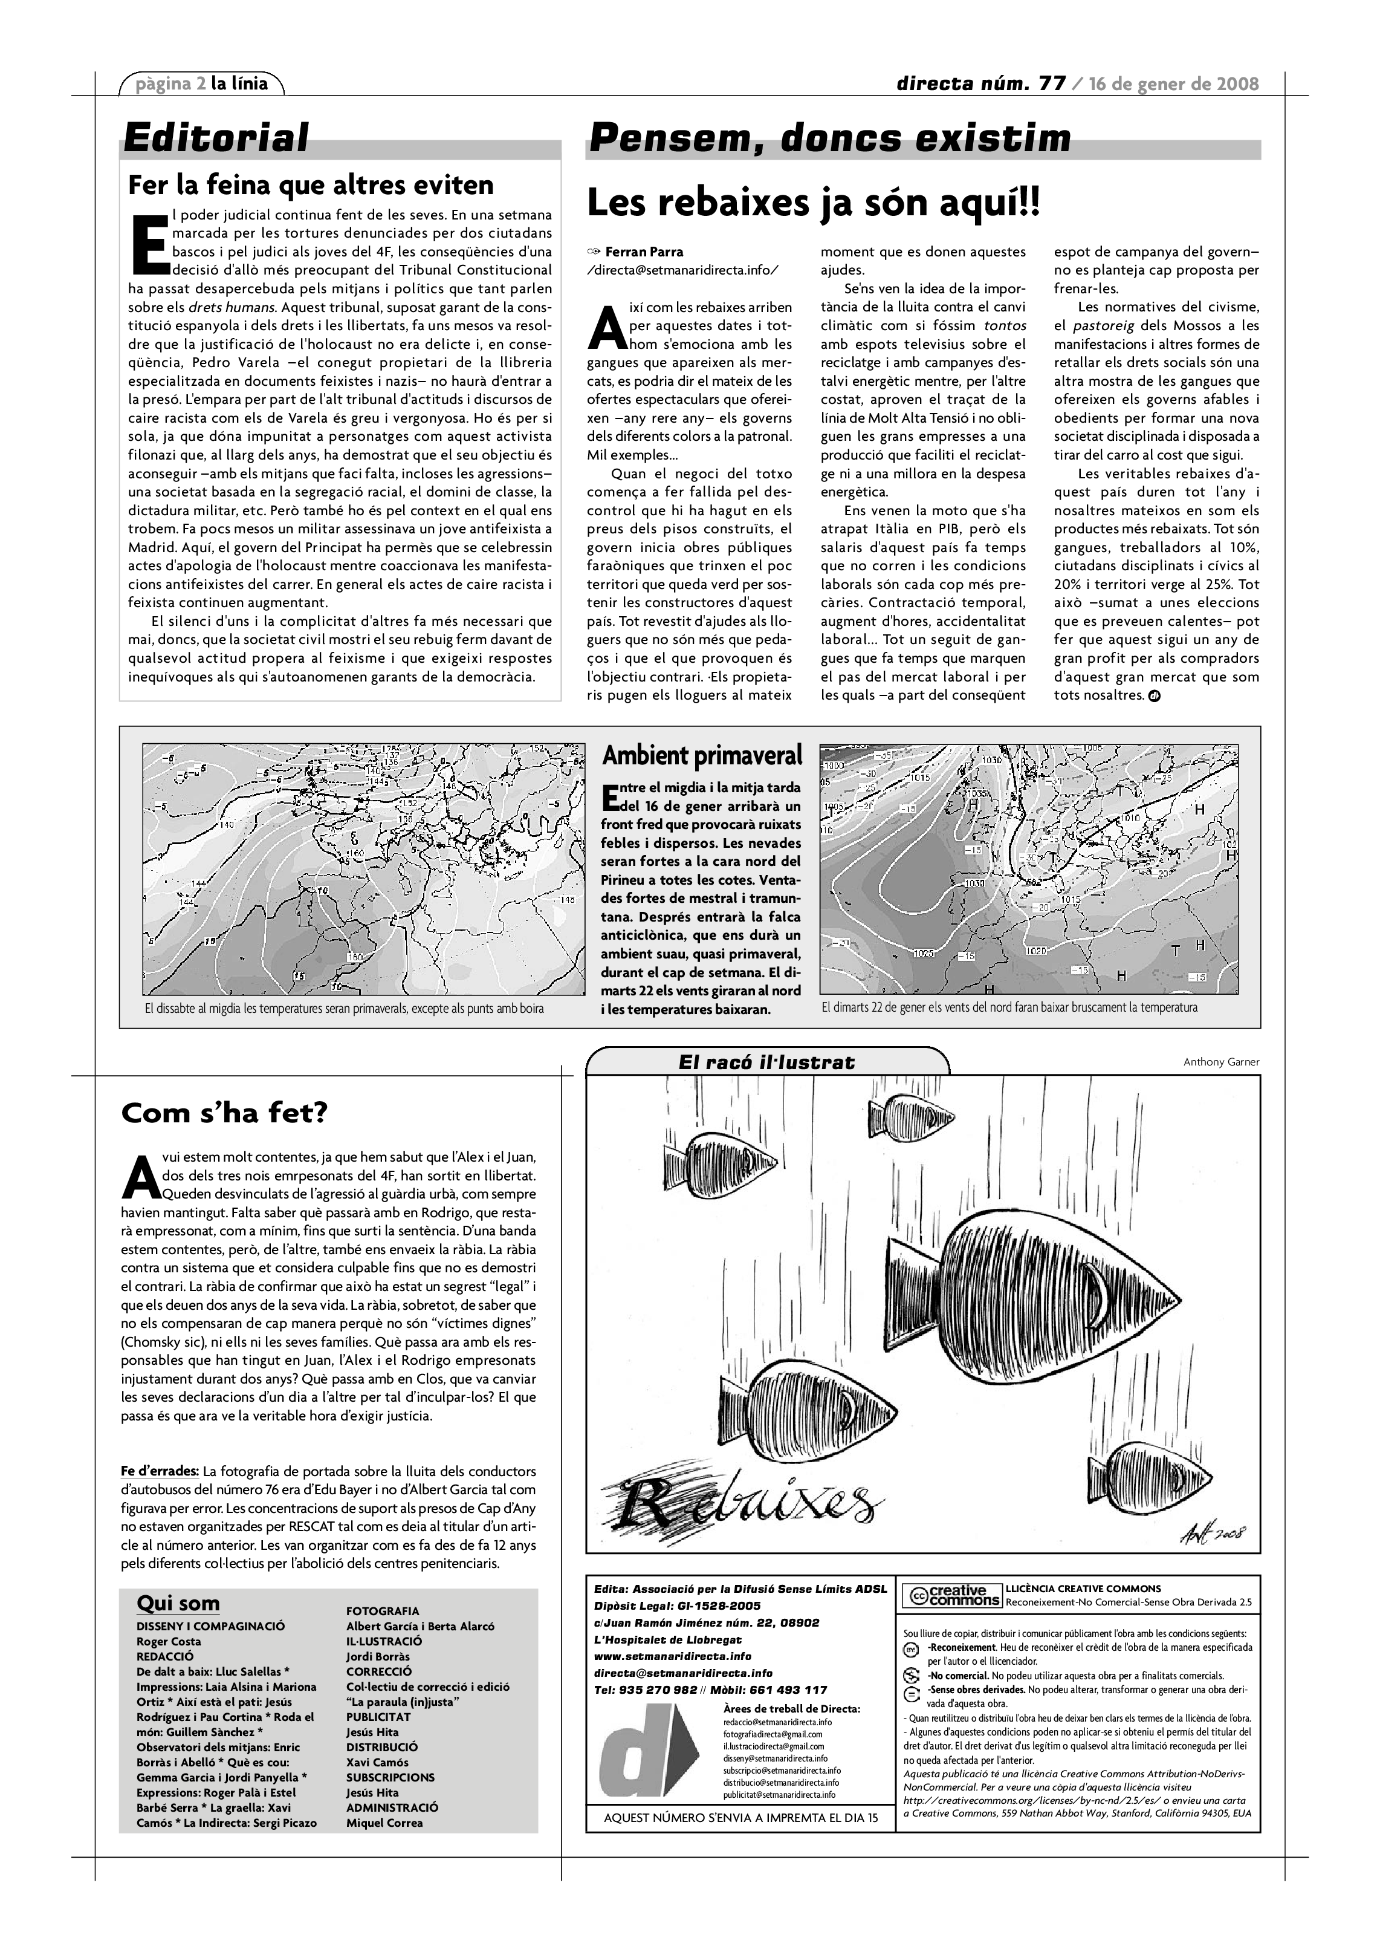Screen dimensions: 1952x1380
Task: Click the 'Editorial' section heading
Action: pyautogui.click(x=216, y=138)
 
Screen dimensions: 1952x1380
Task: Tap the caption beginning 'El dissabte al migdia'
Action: pyautogui.click(x=344, y=1008)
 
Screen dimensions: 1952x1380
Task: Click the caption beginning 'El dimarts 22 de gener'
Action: pyautogui.click(x=1009, y=1007)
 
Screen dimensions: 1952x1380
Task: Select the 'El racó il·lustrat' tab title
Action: pyautogui.click(x=766, y=1062)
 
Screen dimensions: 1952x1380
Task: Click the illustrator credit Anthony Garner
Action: pyautogui.click(x=1221, y=1062)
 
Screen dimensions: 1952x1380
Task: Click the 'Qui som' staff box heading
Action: pyautogui.click(x=178, y=1604)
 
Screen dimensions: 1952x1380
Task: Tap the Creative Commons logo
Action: pyautogui.click(x=951, y=1596)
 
